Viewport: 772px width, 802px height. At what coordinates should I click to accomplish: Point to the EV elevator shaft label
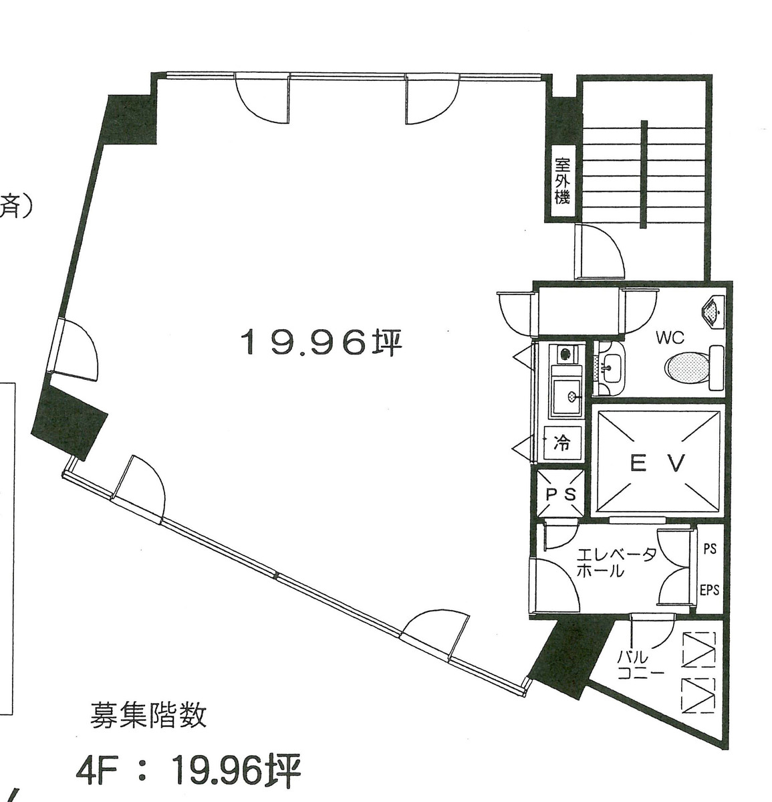click(658, 463)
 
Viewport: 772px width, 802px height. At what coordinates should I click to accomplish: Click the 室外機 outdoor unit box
click(561, 181)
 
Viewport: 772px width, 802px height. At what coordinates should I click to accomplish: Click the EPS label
click(709, 590)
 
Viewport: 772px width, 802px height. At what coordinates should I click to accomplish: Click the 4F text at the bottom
click(94, 771)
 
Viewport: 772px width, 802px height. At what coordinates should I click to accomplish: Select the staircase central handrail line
click(643, 174)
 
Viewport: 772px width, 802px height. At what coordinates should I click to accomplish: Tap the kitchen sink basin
click(565, 397)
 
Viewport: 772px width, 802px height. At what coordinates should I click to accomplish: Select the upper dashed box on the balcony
click(698, 649)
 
